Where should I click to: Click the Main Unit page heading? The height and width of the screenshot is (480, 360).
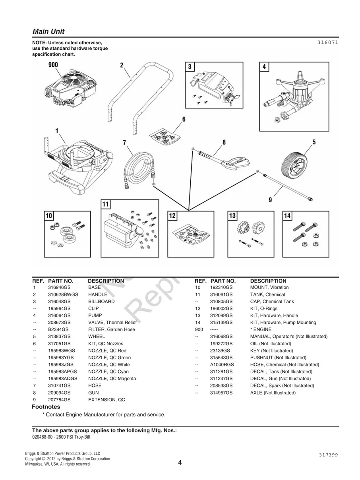pos(48,31)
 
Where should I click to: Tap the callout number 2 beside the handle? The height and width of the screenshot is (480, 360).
pos(122,65)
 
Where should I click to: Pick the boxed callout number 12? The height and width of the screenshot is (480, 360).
pos(172,216)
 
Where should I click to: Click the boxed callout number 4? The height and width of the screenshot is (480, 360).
pos(264,67)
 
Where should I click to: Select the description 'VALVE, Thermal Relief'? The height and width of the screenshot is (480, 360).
pos(112,323)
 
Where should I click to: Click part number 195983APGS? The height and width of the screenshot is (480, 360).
pos(62,372)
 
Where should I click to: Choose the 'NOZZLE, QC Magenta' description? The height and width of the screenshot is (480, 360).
pos(112,379)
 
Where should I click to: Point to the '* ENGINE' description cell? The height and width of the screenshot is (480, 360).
pos(261,329)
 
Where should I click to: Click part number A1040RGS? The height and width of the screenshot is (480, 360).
pos(222,365)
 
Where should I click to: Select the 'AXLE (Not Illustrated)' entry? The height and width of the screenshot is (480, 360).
pos(273,393)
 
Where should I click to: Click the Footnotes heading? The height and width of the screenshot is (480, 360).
pos(46,407)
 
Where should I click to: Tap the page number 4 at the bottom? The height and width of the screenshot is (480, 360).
pos(180,463)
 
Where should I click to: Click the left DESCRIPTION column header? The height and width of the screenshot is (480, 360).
pos(106,281)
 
